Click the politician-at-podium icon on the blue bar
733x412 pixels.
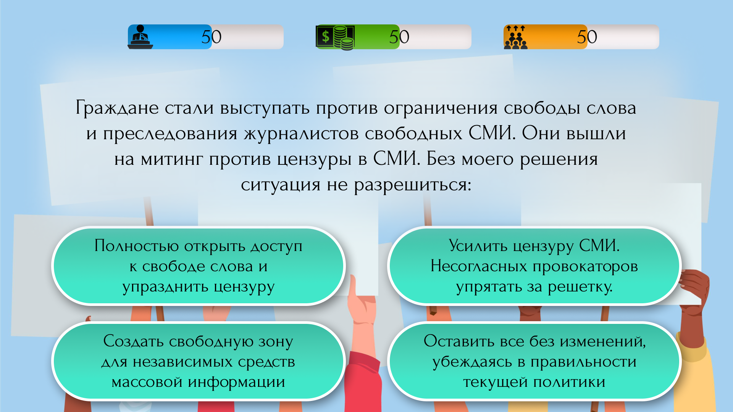[x=140, y=37]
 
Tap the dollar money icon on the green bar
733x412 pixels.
[x=335, y=37]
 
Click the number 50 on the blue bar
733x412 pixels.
[x=211, y=37]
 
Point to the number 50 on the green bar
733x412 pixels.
[x=399, y=37]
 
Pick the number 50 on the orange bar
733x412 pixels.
[x=587, y=37]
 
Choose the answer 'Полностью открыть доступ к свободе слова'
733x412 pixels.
[x=198, y=266]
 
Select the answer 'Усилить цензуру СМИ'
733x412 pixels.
[x=534, y=266]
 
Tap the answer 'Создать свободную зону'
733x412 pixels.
[x=198, y=361]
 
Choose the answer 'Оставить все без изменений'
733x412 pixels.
[x=534, y=361]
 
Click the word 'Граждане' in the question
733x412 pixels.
[x=117, y=108]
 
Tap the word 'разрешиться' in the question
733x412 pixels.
[x=412, y=185]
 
